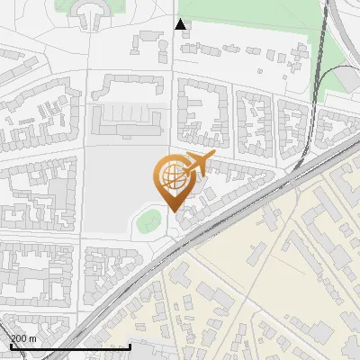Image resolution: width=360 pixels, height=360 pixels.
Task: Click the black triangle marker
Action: coord(182,24)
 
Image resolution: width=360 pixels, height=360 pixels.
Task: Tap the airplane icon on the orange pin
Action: coord(196,165)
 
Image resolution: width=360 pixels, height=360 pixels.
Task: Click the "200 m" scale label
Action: coord(23,338)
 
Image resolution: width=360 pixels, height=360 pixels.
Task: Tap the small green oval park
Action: coord(149,219)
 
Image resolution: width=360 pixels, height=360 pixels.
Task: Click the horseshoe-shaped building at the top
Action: coord(90,13)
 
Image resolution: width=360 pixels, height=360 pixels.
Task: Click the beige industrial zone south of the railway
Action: coord(270,288)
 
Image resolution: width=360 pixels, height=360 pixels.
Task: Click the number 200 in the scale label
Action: coord(18,338)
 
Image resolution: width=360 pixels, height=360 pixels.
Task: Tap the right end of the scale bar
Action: coord(130,346)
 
